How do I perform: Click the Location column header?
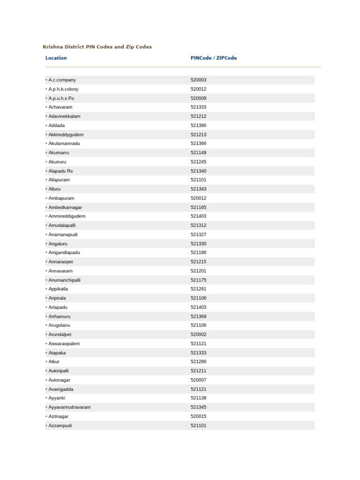[56, 58]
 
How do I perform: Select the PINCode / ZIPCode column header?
[213, 58]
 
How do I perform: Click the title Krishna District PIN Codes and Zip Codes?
[97, 47]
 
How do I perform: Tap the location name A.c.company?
[62, 80]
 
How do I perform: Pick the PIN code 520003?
[198, 80]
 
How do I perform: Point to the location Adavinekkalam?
[64, 116]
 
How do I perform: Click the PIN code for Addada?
[198, 126]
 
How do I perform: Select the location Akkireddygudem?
[66, 135]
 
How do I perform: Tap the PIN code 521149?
[198, 153]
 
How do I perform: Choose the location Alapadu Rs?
[60, 171]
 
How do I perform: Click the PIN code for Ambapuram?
[198, 198]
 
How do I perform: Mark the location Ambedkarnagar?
[65, 207]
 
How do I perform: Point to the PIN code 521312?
[198, 225]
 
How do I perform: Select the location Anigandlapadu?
[64, 253]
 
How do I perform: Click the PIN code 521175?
[198, 280]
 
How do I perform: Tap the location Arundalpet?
[62, 335]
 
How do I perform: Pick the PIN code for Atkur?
[198, 362]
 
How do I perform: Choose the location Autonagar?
[59, 380]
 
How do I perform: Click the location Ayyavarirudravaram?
[69, 407]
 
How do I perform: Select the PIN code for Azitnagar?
[198, 416]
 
